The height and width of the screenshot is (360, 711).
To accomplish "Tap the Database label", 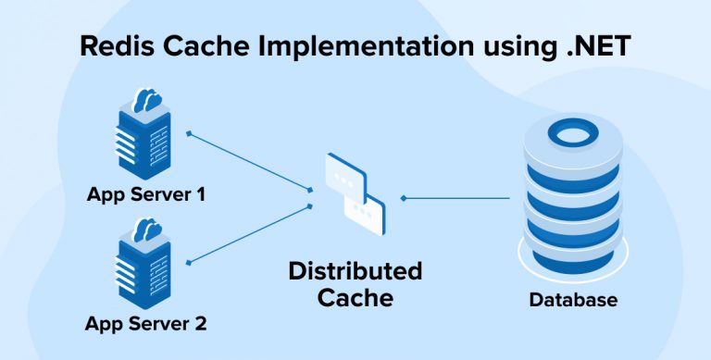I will click(x=573, y=301).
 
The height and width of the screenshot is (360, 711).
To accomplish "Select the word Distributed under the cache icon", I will click(x=355, y=271).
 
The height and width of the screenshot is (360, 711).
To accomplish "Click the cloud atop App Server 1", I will click(x=147, y=100).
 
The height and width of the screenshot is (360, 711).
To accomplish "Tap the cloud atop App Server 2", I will click(x=147, y=227).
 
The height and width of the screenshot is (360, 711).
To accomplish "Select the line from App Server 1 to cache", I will click(x=250, y=162).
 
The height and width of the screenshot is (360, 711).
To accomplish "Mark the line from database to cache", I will click(x=458, y=198).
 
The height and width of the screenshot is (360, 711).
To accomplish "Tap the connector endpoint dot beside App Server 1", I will click(x=189, y=133).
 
